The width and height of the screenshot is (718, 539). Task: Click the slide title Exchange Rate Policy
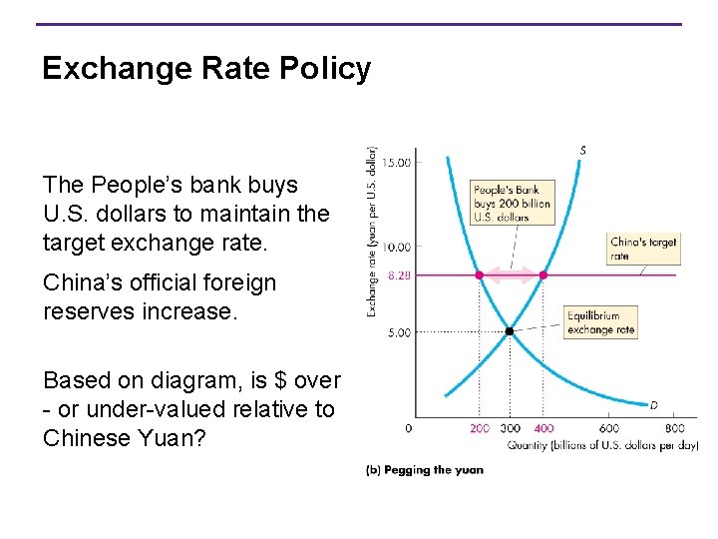point(206,68)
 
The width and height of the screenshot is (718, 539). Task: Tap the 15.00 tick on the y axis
point(397,162)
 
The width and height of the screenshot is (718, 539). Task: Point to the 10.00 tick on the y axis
point(397,247)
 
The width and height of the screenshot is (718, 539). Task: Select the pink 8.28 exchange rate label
point(400,274)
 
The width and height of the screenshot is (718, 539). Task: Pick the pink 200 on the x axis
point(480,428)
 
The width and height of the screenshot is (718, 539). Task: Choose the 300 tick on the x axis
point(511,428)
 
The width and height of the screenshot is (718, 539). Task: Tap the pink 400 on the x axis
point(542,428)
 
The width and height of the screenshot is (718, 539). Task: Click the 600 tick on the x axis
point(608,428)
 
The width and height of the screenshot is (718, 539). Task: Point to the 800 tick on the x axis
point(674,428)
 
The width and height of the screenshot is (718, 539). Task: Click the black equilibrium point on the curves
point(510,330)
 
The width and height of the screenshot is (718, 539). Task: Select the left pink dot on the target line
point(479,274)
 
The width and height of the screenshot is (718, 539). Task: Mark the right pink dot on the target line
point(542,274)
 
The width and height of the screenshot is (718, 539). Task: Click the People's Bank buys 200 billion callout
point(512,203)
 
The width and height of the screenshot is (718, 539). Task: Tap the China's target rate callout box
point(642,249)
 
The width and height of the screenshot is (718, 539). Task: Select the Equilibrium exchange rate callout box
point(599,322)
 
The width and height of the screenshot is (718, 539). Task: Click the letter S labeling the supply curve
point(582,151)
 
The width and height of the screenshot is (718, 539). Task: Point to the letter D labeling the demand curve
point(653,405)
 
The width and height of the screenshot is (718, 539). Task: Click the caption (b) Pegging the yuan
point(425,469)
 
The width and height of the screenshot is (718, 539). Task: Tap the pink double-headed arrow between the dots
point(511,274)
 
